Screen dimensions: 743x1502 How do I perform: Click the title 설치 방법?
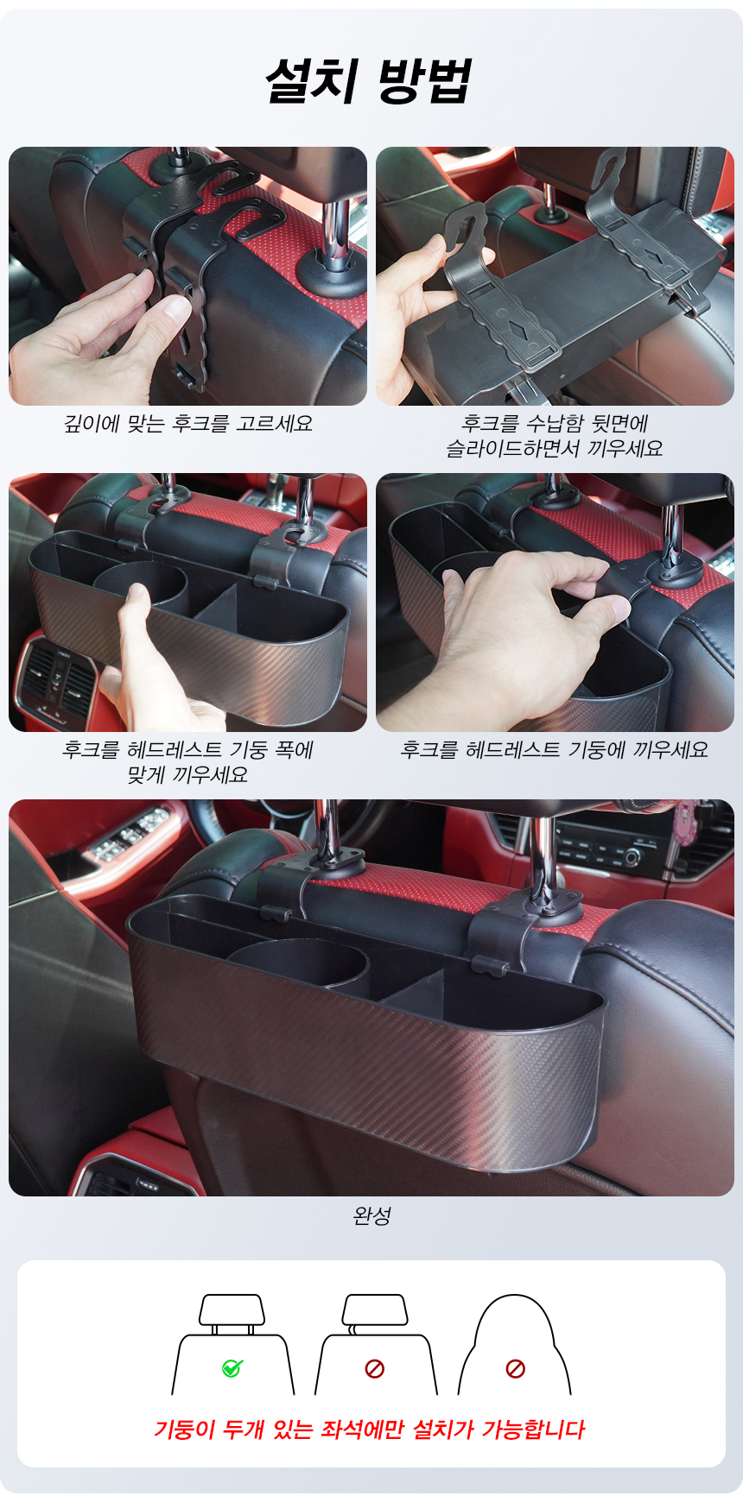click(x=369, y=81)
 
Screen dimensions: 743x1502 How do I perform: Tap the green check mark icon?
click(x=232, y=1368)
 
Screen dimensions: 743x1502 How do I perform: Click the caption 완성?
click(x=372, y=1216)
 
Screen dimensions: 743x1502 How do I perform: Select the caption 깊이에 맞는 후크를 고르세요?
click(x=188, y=424)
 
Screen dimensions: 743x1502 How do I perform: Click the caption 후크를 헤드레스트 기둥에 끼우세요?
click(x=554, y=749)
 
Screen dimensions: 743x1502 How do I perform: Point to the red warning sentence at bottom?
click(x=370, y=1429)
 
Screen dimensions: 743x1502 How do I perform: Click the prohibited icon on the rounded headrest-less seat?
click(x=515, y=1368)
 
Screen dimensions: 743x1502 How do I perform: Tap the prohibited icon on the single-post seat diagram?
click(x=374, y=1368)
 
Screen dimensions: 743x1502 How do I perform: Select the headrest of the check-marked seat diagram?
click(x=232, y=1310)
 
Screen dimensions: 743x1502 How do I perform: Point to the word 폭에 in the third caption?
click(x=294, y=749)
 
